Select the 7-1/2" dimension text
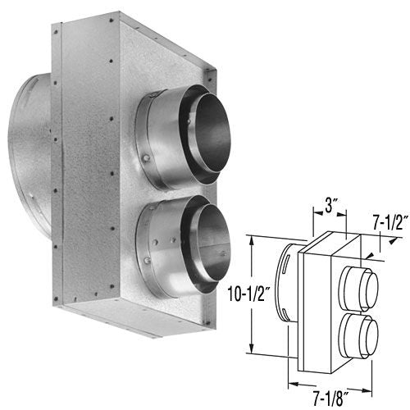[x=387, y=223]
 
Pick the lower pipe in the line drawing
[x=359, y=332]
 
